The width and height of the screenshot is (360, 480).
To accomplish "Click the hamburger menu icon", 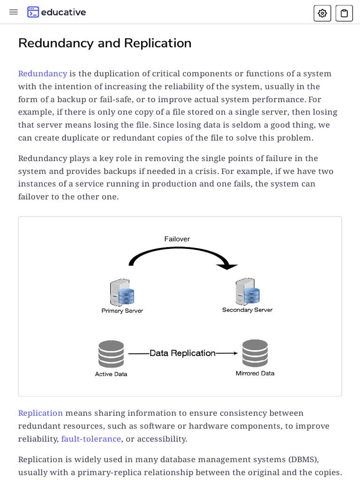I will [x=14, y=12].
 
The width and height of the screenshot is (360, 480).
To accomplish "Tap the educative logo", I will [x=56, y=12].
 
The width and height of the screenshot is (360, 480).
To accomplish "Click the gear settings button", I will [x=322, y=13].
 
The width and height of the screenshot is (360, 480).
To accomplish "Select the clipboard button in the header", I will [x=344, y=13].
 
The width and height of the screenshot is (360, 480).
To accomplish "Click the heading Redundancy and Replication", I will [x=105, y=43].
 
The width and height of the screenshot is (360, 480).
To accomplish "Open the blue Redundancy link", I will [x=43, y=74].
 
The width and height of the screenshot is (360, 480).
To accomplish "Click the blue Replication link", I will [x=40, y=413].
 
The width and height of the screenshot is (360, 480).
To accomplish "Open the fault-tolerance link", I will [x=91, y=439].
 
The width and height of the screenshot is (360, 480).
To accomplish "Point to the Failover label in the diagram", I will [x=177, y=239].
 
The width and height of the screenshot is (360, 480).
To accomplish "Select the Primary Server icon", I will [x=122, y=292].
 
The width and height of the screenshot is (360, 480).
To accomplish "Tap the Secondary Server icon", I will [x=247, y=292].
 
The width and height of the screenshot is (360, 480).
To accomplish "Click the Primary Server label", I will [x=122, y=311].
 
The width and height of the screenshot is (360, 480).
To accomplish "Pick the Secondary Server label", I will [x=247, y=310].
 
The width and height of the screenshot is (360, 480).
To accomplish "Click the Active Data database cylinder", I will [x=111, y=354].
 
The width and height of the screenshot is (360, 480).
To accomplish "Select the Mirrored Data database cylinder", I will [x=255, y=353].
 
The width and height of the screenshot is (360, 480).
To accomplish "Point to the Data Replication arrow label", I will [x=182, y=353].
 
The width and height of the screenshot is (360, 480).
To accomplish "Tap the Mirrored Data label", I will [x=255, y=374].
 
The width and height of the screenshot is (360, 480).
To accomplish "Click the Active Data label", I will [x=111, y=374].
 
